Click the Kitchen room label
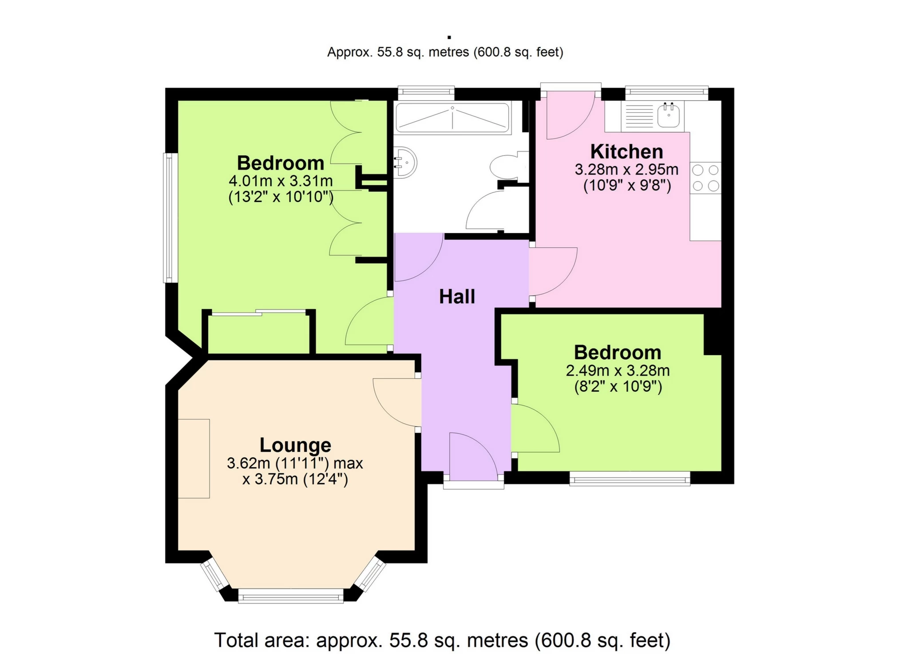626,152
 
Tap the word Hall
457,297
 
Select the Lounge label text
295,445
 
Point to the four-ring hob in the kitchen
705,178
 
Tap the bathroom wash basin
405,164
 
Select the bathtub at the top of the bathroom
452,118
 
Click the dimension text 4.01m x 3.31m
281,181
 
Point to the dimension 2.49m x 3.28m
618,371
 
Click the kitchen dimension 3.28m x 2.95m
626,170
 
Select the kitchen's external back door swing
569,115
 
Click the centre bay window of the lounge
291,596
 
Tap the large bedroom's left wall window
170,218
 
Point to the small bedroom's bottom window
630,479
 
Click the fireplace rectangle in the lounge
194,458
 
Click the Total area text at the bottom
442,640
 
